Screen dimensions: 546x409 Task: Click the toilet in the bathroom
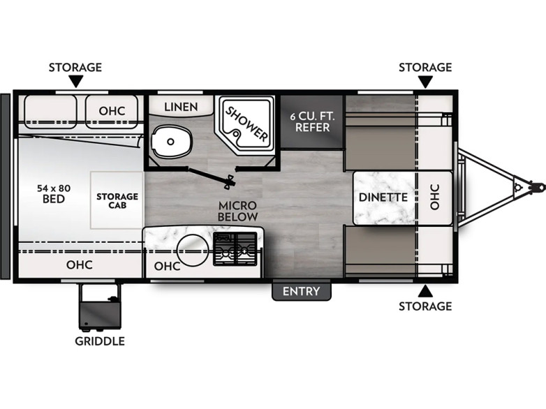[x=172, y=141]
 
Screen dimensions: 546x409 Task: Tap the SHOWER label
[x=247, y=124]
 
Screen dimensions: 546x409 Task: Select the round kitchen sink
[x=193, y=251]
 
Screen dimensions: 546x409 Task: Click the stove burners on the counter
[x=235, y=249]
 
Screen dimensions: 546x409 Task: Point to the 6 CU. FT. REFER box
[x=312, y=121]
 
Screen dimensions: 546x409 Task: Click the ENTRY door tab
[x=301, y=291]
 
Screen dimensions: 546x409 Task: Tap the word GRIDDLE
[x=100, y=341]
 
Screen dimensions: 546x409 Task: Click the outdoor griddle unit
[x=100, y=306]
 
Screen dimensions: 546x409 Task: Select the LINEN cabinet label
[x=181, y=107]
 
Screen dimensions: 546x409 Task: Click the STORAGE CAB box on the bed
[x=117, y=200]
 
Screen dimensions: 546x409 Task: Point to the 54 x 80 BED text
[x=54, y=193]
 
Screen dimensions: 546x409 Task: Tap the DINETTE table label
[x=383, y=198]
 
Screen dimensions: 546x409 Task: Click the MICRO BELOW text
[x=237, y=211]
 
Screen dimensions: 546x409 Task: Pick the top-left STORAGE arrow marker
[x=75, y=82]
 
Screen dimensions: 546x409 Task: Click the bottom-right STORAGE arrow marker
[x=425, y=291]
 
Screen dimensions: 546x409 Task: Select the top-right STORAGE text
[x=425, y=67]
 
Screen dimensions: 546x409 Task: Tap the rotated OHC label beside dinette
[x=434, y=197]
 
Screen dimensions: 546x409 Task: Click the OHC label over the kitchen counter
[x=167, y=267]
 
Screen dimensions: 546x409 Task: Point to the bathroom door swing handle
[x=230, y=181]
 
